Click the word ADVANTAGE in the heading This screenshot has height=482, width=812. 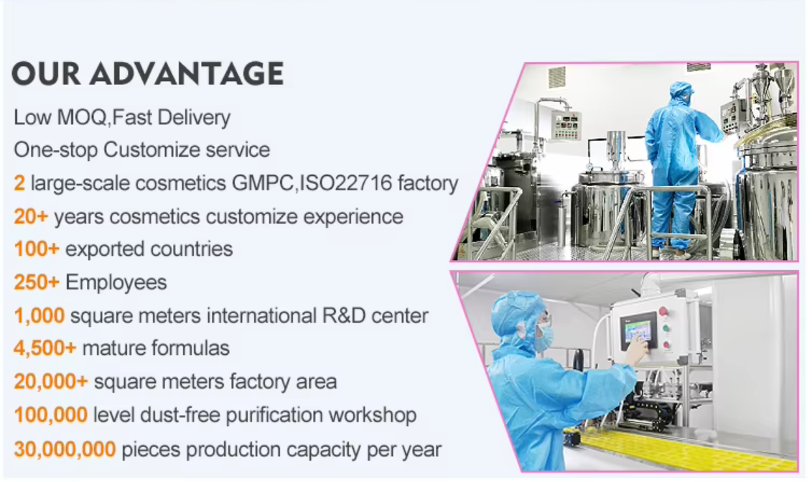click(187, 73)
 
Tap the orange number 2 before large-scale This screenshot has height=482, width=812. click(19, 183)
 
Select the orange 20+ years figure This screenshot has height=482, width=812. click(31, 216)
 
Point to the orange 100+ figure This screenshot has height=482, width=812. click(36, 249)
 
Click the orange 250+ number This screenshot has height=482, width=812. click(36, 282)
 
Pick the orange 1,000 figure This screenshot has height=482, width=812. click(39, 315)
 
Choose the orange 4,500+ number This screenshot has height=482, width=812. click(45, 348)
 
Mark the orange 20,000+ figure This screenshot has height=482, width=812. click(51, 381)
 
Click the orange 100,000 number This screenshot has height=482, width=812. click(51, 415)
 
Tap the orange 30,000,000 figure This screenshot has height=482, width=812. click(65, 449)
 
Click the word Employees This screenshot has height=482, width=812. click(116, 283)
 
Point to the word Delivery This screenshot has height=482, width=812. click(194, 118)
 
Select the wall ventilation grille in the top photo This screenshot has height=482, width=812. click(556, 78)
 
